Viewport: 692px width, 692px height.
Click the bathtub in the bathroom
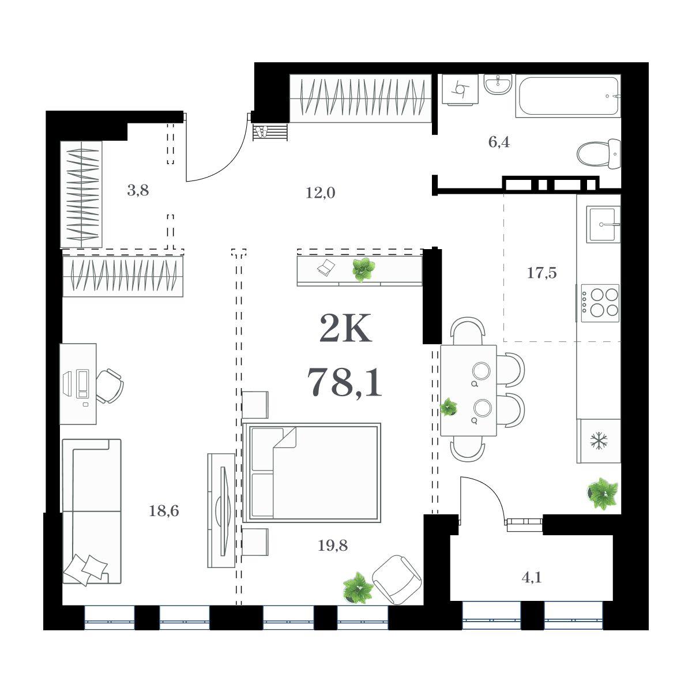coord(568,96)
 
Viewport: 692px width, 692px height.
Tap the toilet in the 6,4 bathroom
coord(599,154)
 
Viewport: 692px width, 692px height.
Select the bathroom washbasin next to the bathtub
coord(498,84)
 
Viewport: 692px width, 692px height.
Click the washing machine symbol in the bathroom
coord(460,90)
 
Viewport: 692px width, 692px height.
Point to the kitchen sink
coord(603,224)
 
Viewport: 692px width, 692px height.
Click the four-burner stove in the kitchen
coord(600,303)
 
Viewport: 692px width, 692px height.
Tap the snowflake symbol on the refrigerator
coord(599,441)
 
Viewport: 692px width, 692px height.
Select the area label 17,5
coord(541,273)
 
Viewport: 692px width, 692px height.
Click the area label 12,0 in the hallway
coord(320,193)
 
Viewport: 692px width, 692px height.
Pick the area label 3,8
coord(138,190)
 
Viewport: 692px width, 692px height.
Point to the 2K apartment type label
coord(345,328)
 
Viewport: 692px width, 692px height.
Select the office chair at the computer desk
coord(110,386)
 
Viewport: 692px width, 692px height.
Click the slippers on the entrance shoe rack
coord(261,131)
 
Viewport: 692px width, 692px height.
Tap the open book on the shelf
coord(326,267)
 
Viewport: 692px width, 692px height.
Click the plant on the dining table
coord(449,407)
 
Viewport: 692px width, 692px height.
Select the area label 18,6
coord(164,511)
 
